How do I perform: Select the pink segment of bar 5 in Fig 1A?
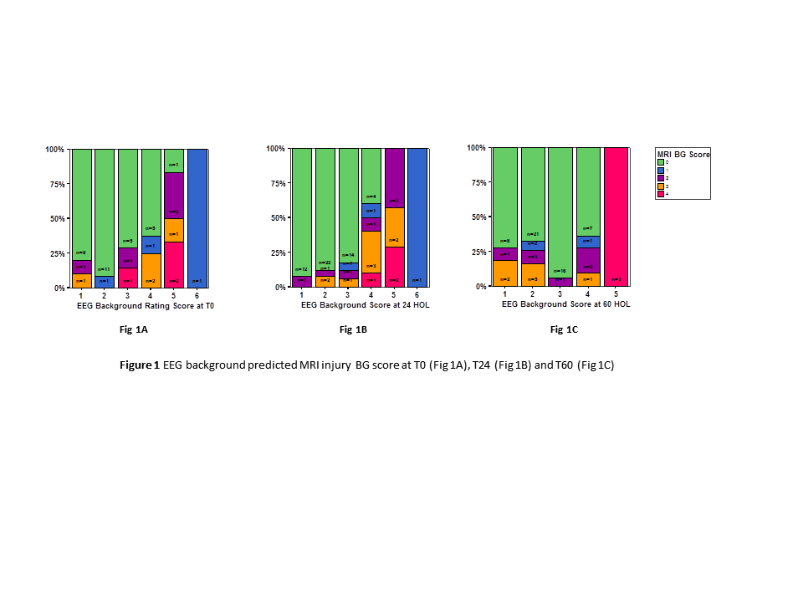174,264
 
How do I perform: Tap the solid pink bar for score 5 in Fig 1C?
616,217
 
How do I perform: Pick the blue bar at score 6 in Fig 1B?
417,217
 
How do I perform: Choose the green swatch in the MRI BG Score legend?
661,161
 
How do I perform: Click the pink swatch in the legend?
661,193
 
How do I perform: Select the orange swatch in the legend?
661,186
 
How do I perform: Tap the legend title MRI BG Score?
683,154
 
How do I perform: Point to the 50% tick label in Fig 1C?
476,217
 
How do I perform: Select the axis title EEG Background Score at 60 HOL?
566,304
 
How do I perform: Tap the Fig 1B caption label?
353,330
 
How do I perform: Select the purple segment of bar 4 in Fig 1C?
588,261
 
